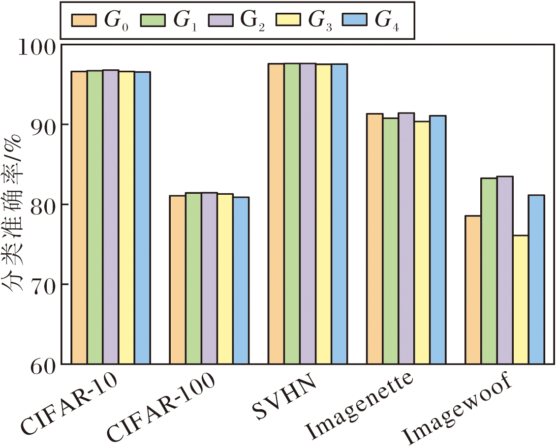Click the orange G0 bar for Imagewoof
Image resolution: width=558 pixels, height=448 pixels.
(473, 290)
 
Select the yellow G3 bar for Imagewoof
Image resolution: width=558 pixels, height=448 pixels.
(520, 299)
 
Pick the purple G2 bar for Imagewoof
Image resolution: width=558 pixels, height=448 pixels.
(504, 270)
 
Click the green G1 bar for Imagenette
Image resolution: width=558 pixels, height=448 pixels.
(390, 241)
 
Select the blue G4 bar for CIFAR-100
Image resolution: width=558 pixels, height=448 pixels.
(241, 280)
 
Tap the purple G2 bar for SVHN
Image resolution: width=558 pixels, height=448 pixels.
(308, 213)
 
